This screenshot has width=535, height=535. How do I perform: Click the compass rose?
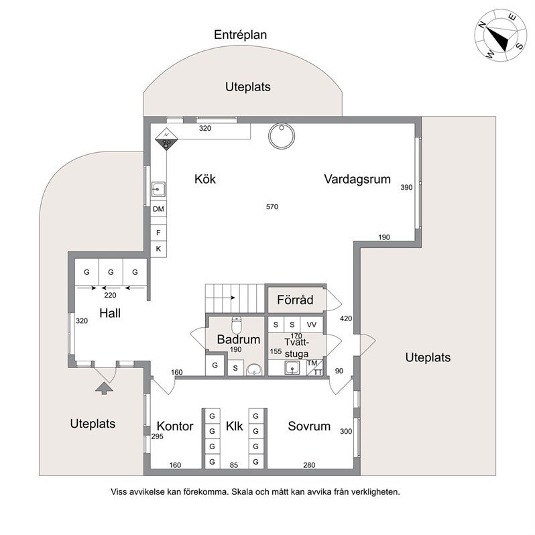pos(500,36)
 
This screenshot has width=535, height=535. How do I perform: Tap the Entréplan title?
pos(240,35)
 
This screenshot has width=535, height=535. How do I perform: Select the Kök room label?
pos(205,179)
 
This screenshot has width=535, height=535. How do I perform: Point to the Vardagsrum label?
pos(357,179)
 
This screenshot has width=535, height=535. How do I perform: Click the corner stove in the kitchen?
pos(166,139)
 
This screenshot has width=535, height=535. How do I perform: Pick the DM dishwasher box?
pos(158,209)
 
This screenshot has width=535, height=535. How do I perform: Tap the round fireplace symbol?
pos(282,136)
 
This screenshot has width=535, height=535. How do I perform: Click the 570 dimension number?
pos(272,206)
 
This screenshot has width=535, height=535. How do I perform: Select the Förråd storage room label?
pos(295,300)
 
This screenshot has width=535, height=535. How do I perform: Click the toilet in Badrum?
pos(237,324)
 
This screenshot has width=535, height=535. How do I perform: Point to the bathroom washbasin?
pos(254,369)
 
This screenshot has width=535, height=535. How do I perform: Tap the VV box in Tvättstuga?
pos(312,324)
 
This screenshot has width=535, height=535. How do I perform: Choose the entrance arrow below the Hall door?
pos(105,388)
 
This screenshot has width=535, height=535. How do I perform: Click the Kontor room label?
pos(175,426)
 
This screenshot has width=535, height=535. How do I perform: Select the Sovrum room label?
pos(309,426)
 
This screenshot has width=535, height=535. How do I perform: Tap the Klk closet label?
pos(235,426)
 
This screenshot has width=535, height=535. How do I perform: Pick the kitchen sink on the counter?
pos(158,189)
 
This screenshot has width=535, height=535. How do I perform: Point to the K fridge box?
pos(158,249)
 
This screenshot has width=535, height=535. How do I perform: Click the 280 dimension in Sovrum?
pos(309,465)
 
